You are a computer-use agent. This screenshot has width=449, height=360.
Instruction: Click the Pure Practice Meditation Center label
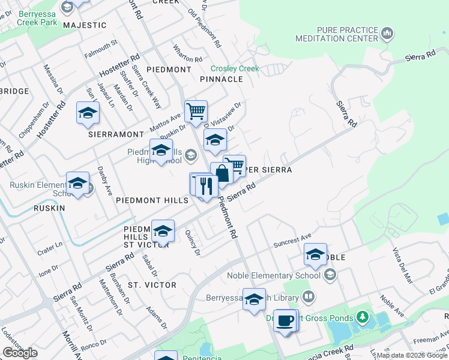pos(337,34)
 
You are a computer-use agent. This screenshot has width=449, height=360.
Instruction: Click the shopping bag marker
pos(221,174)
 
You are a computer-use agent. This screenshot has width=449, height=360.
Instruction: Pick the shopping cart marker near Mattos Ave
pos(196,111)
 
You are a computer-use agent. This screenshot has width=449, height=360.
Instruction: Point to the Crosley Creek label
pos(235,68)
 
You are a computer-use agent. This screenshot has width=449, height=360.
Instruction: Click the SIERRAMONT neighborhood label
pos(116,134)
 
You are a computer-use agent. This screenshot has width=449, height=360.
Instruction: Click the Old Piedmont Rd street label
pos(205,28)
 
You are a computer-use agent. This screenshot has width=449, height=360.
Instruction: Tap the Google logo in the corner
pos(20,353)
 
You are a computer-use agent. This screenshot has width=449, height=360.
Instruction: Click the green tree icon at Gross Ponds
pos(361,316)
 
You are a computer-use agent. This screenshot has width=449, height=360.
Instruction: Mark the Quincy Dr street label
pos(192,243)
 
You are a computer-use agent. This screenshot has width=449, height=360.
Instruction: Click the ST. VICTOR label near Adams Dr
pos(152,284)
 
